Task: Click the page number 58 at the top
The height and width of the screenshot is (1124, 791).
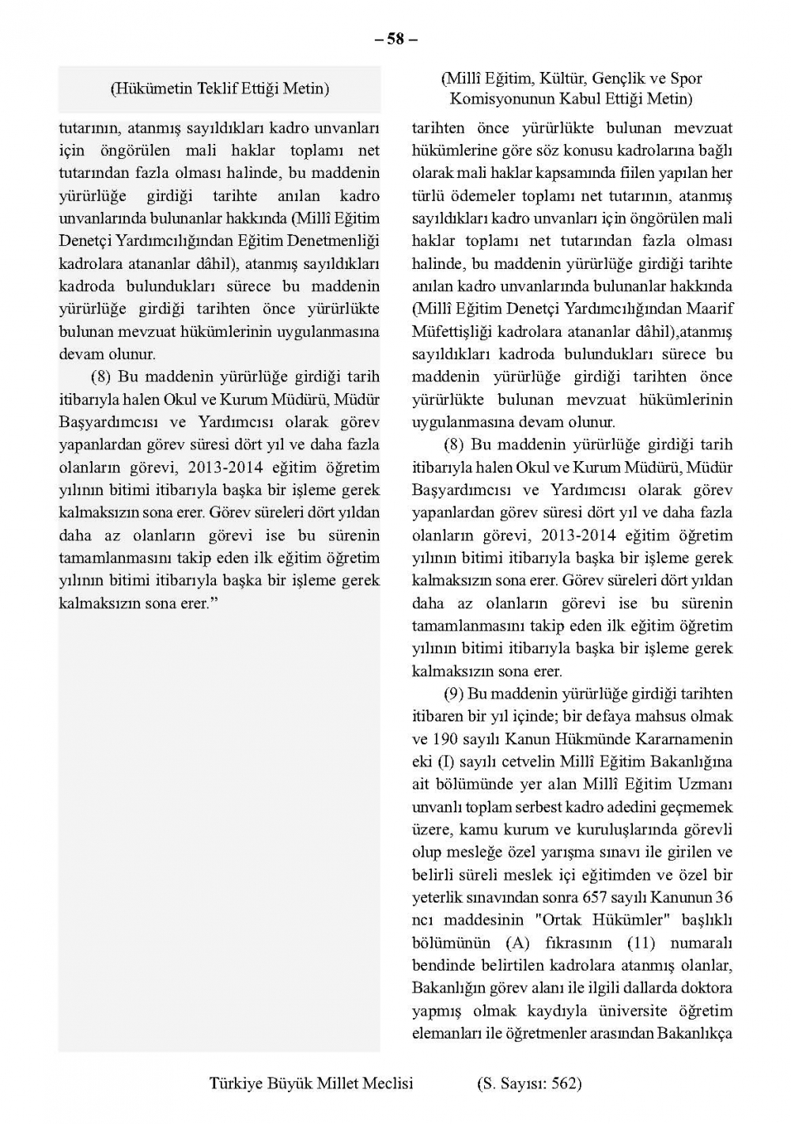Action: (x=395, y=38)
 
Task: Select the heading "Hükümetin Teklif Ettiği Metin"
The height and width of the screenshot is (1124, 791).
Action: (x=219, y=89)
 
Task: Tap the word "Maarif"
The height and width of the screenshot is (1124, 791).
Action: (x=709, y=308)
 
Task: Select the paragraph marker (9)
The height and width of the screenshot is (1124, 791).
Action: (x=452, y=694)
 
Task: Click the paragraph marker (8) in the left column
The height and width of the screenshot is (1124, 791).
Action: (x=99, y=377)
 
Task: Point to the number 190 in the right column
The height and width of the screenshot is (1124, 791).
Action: (x=447, y=740)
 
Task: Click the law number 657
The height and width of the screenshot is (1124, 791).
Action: (x=595, y=898)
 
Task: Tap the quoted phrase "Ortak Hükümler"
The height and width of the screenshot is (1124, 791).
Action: (x=603, y=920)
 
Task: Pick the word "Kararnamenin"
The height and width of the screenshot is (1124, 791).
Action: (x=688, y=740)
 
